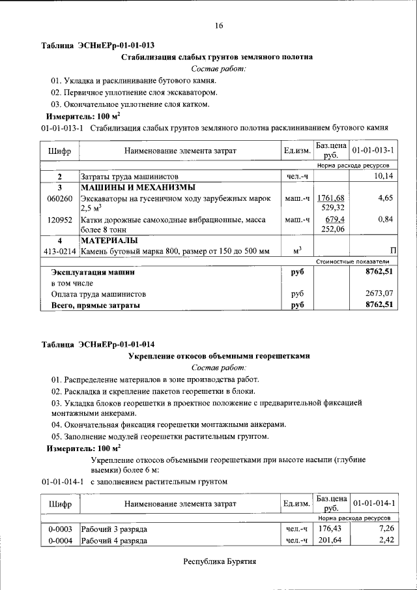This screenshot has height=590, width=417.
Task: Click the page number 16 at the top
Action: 219,25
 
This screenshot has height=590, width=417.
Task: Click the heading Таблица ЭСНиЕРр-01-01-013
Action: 98,46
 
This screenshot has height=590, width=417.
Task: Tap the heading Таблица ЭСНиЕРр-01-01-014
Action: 98,344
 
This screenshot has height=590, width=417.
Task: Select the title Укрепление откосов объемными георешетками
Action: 218,356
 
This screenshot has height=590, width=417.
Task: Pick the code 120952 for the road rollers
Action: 59,220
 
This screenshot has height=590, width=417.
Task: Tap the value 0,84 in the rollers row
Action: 386,220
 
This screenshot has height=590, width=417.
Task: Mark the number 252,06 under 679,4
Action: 331,229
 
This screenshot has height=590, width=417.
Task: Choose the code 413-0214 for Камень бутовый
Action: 59,251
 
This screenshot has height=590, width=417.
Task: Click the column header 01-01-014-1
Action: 373,504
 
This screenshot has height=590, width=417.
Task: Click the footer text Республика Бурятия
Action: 220,561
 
